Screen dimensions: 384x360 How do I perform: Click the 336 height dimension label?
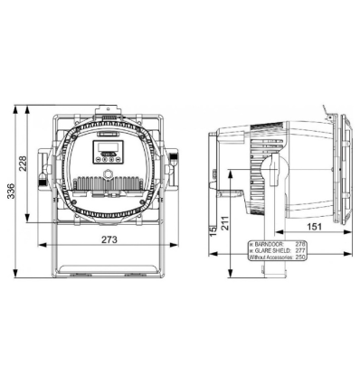[x=11, y=193]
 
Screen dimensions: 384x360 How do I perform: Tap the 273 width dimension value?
[x=109, y=239]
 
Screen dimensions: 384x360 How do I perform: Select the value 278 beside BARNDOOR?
[x=300, y=244]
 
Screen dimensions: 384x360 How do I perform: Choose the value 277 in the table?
[x=300, y=250]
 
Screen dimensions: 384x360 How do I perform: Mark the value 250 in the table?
[x=300, y=258]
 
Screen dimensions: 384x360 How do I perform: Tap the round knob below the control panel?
[x=108, y=173]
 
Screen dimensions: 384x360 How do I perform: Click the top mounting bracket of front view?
[x=109, y=117]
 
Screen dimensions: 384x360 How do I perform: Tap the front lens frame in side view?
[x=342, y=167]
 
